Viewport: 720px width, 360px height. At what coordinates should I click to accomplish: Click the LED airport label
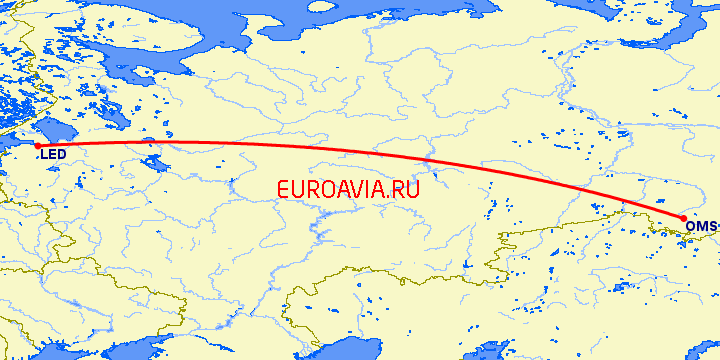[x=55, y=155]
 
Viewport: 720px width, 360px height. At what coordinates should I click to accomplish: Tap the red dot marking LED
[x=38, y=146]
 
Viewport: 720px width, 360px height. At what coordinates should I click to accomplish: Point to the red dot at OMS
[x=683, y=218]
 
